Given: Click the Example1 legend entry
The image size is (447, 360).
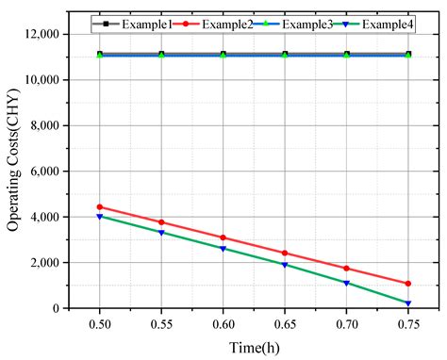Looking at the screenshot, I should (x=129, y=21).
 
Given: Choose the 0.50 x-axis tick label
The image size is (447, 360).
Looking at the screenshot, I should (x=99, y=323).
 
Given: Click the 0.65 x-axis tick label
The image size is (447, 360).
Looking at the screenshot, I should (x=285, y=323).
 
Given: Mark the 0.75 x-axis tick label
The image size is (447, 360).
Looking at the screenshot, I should (x=408, y=323).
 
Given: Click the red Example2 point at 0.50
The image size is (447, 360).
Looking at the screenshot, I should (x=99, y=206).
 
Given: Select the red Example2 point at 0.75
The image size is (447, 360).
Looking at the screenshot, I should (x=408, y=283).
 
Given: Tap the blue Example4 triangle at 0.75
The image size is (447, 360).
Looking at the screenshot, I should (x=408, y=303).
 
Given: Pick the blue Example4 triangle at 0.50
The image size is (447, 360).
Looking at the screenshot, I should (x=99, y=217).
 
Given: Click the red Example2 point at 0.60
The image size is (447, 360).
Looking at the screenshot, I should (x=223, y=237).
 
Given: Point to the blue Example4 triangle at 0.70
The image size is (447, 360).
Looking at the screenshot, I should (x=347, y=283).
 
